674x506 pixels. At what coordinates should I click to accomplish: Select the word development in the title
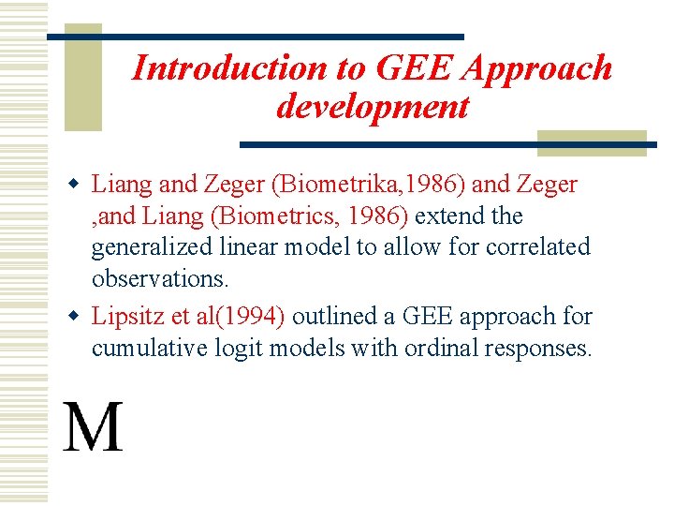click(372, 107)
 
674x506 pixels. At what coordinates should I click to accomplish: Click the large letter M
click(93, 428)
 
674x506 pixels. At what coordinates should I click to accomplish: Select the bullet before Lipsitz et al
click(79, 317)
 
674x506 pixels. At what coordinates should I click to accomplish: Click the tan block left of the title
click(82, 83)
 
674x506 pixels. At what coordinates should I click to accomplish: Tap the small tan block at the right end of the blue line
click(592, 142)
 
